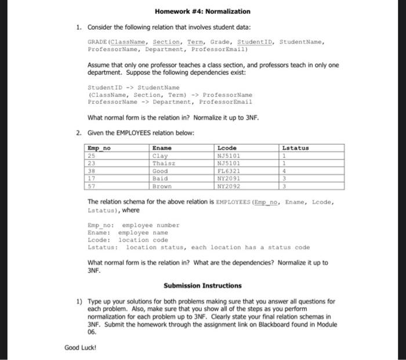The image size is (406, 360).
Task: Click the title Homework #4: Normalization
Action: click(203, 11)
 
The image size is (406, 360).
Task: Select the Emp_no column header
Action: click(98, 148)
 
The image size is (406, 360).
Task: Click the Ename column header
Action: click(161, 148)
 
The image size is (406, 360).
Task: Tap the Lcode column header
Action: click(227, 148)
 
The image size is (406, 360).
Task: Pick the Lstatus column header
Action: click(295, 148)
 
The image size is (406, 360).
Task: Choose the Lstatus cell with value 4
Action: click(284, 171)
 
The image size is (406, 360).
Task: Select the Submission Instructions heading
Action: click(202, 286)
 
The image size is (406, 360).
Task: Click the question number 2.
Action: click(78, 133)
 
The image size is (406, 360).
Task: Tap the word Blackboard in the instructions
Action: click(274, 326)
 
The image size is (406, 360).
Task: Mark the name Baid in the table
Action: click(159, 179)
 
